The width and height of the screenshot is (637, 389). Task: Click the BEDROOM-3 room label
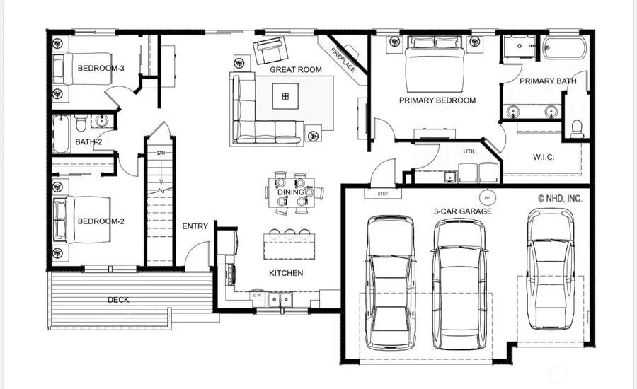pos(101,69)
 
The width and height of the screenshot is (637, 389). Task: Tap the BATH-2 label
pos(88,143)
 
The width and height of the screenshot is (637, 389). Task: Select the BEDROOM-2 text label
pos(101,221)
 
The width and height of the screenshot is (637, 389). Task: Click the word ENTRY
pos(195,226)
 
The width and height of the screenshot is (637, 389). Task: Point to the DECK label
pos(118,300)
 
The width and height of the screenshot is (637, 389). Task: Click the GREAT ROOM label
pos(295,69)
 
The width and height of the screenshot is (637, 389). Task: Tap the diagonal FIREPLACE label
pos(345,59)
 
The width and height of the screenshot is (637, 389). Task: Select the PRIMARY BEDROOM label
pos(437,100)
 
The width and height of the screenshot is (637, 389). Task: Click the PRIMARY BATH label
pos(548,81)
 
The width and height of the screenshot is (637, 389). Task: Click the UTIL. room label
pos(470,151)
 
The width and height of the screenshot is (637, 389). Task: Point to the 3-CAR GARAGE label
pos(463,211)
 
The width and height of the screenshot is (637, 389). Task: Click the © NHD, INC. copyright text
pos(560,199)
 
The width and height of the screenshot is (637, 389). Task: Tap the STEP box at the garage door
pos(383,194)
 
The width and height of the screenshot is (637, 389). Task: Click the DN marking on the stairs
pos(161,152)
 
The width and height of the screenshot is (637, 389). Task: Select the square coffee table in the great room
pos(286,96)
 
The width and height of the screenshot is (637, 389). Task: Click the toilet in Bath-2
pos(82,124)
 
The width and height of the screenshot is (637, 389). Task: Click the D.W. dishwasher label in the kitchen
pos(258,295)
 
